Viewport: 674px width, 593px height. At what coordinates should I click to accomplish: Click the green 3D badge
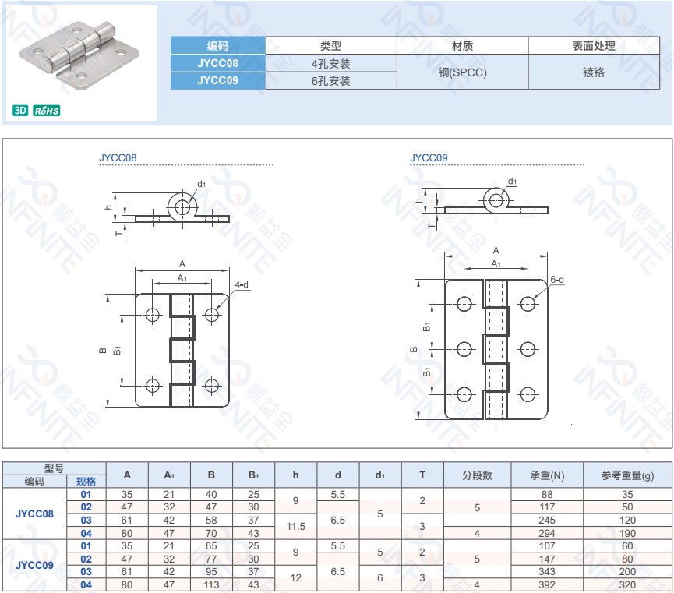[x=20, y=111]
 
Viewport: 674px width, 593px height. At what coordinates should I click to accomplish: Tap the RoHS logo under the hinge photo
[x=47, y=111]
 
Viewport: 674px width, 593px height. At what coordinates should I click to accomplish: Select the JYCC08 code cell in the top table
[x=217, y=63]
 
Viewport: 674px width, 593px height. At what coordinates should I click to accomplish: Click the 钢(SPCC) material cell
[x=463, y=72]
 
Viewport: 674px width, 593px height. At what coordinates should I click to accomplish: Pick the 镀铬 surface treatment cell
[x=594, y=72]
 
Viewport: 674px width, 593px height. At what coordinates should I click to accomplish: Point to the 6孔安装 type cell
[x=330, y=81]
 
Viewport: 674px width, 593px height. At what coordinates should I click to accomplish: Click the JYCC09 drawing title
[x=429, y=158]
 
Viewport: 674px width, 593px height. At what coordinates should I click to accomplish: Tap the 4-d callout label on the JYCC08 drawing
[x=242, y=284]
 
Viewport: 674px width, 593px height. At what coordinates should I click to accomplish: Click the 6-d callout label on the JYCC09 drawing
[x=557, y=280]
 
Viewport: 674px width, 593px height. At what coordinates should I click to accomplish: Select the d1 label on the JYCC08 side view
[x=202, y=184]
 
